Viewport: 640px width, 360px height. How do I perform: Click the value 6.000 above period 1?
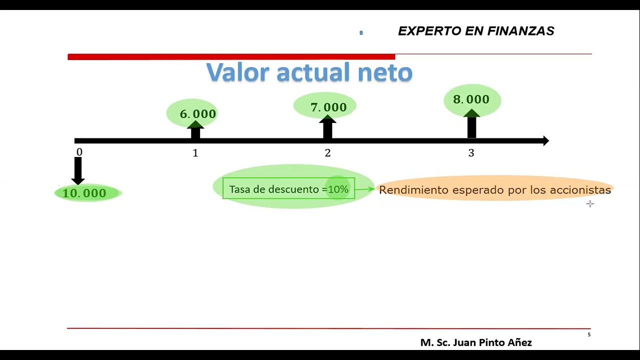click(198, 114)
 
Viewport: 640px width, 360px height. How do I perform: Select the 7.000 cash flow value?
click(328, 107)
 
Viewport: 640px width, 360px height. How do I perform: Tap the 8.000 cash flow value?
click(471, 99)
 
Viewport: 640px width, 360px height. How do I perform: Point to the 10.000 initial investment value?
click(84, 193)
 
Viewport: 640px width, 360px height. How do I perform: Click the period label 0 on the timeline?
click(79, 152)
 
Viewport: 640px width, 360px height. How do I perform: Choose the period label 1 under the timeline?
click(195, 153)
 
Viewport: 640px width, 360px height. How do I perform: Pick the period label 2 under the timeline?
click(327, 153)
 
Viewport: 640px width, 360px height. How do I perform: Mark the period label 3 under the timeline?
click(471, 153)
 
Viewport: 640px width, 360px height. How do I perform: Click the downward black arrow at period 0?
click(78, 170)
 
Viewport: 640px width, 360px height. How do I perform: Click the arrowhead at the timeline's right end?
click(545, 141)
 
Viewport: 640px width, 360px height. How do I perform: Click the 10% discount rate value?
click(338, 189)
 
